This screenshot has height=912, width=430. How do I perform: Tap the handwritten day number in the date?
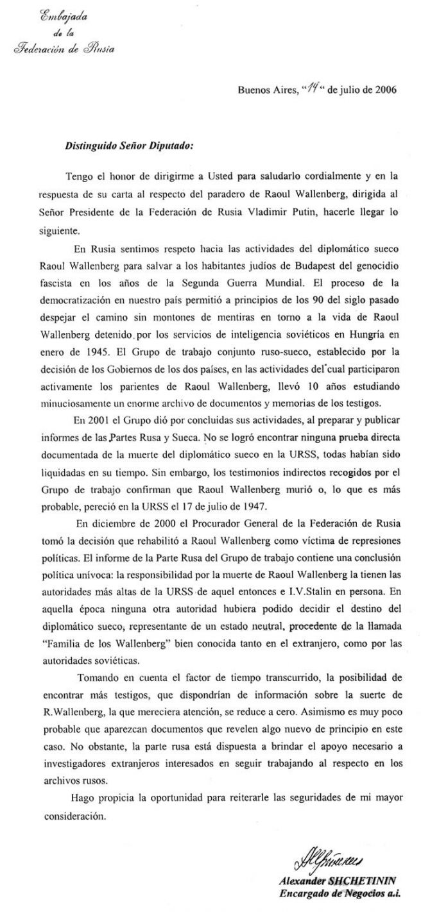point(312,89)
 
